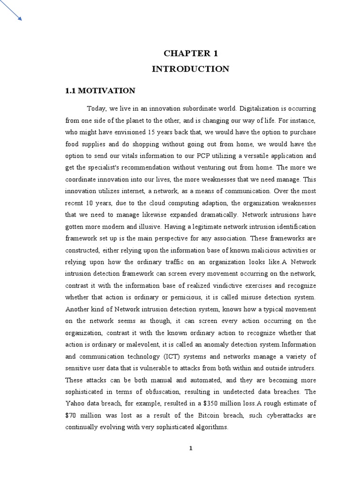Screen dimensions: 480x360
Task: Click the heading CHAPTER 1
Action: [190, 53]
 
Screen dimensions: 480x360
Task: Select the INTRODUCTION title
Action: [190, 69]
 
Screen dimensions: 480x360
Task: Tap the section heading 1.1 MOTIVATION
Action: [100, 90]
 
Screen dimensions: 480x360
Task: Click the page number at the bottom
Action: [191, 448]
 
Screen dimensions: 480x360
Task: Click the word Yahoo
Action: [75, 404]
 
